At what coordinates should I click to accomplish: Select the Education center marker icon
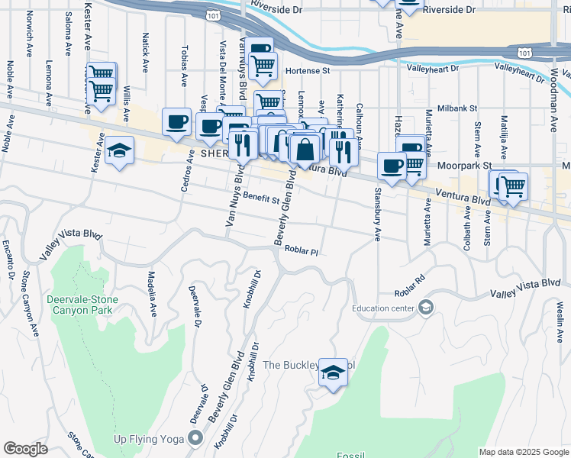pyautogui.click(x=425, y=308)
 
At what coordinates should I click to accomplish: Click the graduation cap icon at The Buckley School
pyautogui.click(x=333, y=372)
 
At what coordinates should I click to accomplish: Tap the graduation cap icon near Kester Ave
pyautogui.click(x=120, y=150)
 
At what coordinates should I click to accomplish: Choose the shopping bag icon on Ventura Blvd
pyautogui.click(x=305, y=149)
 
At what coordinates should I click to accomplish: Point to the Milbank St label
pyautogui.click(x=456, y=109)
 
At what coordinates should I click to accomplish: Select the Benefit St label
pyautogui.click(x=262, y=198)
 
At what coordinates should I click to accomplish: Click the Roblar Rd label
pyautogui.click(x=409, y=292)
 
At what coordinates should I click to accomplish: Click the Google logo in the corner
pyautogui.click(x=25, y=449)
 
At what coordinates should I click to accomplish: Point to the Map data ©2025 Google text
pyautogui.click(x=523, y=452)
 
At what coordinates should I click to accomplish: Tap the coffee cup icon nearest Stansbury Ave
pyautogui.click(x=392, y=166)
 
